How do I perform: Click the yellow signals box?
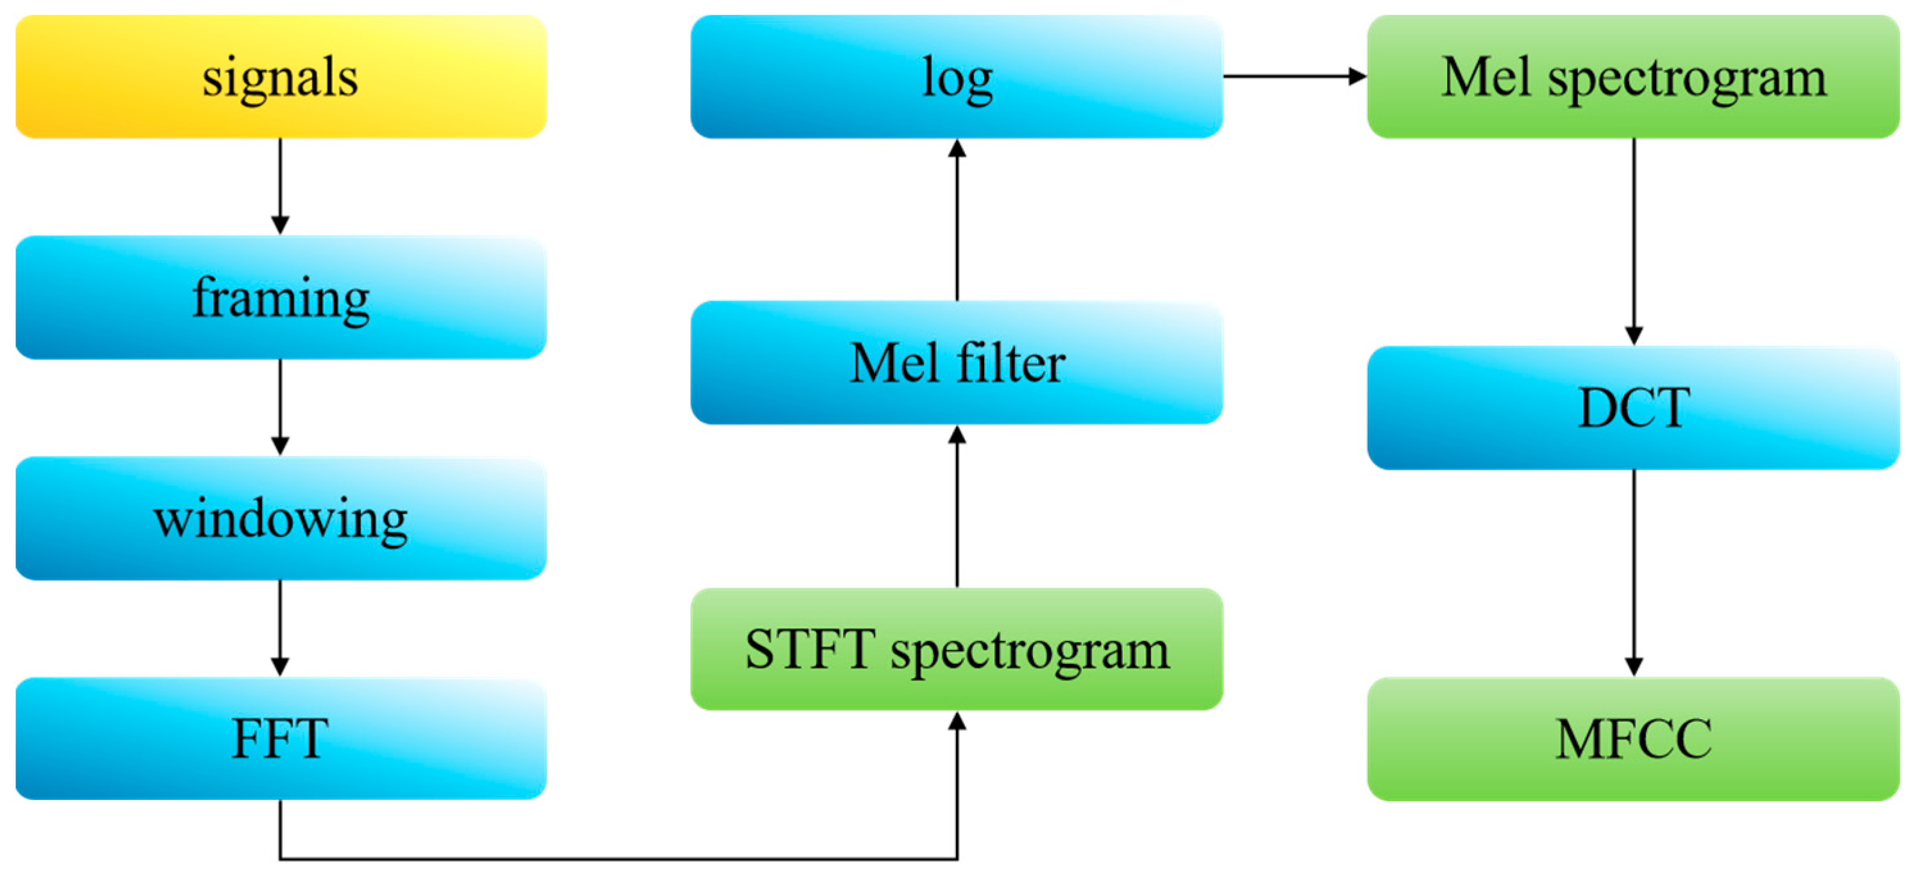pyautogui.click(x=280, y=76)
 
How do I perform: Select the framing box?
pyautogui.click(x=280, y=297)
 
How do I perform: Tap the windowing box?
pyautogui.click(x=280, y=519)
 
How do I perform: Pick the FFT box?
pyautogui.click(x=280, y=738)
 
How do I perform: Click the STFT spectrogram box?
pyautogui.click(x=957, y=649)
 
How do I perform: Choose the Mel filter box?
pyautogui.click(x=957, y=363)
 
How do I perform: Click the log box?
pyautogui.click(x=957, y=76)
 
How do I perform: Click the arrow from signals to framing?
pyautogui.click(x=280, y=185)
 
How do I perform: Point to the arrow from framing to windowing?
pyautogui.click(x=280, y=406)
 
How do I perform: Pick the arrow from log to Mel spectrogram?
pyautogui.click(x=1294, y=76)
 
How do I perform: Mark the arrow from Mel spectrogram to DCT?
pyautogui.click(x=1634, y=241)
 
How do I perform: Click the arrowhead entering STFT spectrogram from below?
pyautogui.click(x=957, y=721)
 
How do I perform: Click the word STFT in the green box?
pyautogui.click(x=810, y=649)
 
